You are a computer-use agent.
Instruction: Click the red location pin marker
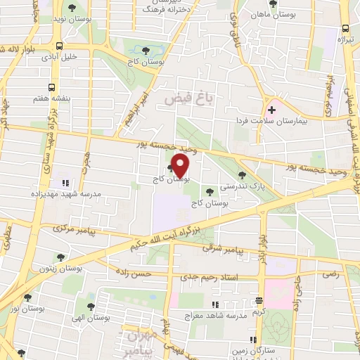click(180, 165)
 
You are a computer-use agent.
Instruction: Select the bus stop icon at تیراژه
click(345, 29)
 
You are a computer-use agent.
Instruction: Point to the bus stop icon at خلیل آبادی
click(49, 49)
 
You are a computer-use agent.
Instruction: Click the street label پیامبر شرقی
click(222, 249)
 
